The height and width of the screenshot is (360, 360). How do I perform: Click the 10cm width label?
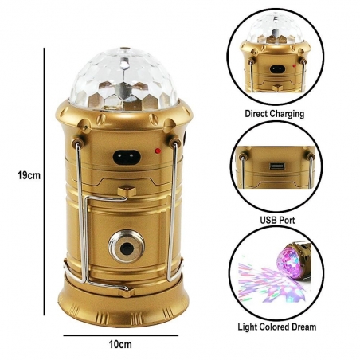coord(119,344)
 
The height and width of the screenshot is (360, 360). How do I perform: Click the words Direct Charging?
coord(275,114)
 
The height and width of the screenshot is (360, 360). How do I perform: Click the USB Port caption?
coord(276,219)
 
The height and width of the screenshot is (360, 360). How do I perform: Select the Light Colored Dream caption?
coord(276,327)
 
